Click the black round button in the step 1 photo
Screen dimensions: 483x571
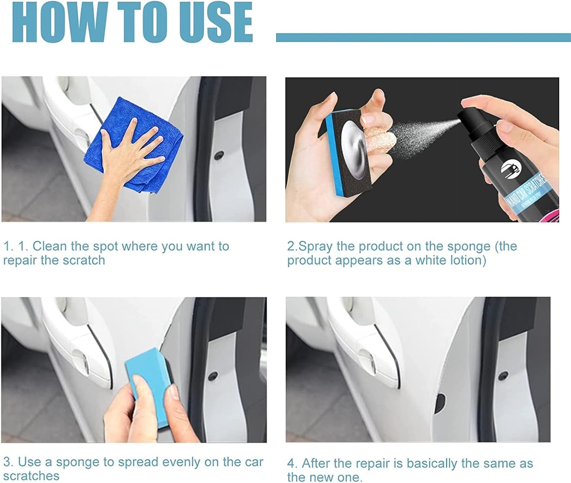(219, 155)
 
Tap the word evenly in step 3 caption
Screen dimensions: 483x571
(177, 462)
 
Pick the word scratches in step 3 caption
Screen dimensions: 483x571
(32, 476)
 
